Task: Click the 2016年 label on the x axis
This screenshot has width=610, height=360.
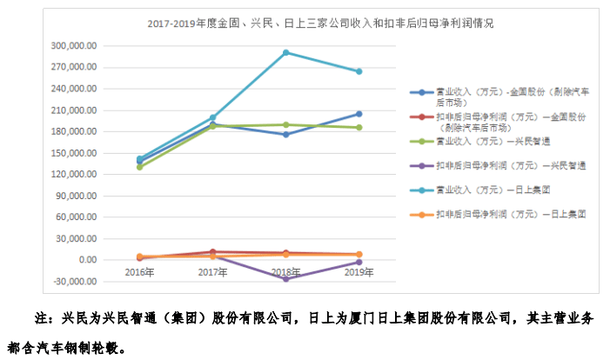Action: (x=139, y=272)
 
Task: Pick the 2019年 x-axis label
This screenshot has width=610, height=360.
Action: (x=359, y=272)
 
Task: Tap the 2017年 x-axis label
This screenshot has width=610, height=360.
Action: (x=212, y=272)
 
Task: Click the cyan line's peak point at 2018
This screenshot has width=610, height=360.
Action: (x=285, y=52)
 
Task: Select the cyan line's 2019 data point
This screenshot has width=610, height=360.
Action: (x=359, y=71)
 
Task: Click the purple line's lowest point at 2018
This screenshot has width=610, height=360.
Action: (x=285, y=278)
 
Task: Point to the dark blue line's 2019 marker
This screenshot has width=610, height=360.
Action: (x=359, y=114)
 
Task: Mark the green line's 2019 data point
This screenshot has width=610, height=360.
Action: (x=359, y=128)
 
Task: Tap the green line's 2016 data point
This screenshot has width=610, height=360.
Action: (x=139, y=167)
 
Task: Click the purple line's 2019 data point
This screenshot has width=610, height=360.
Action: (x=359, y=262)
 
